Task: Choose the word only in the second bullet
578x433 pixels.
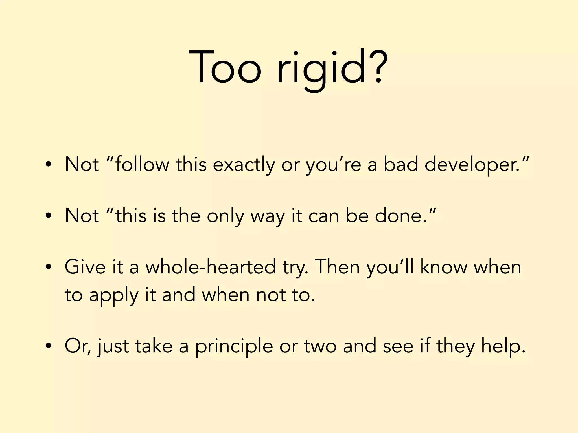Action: [225, 216]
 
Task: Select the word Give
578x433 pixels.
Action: [85, 267]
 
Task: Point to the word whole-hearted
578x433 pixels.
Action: [211, 267]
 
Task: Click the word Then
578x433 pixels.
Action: [337, 267]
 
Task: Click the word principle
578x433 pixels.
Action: [234, 346]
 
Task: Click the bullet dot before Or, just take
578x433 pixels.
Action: [49, 346]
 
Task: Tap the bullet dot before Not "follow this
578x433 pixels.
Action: [49, 165]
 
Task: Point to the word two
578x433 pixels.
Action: [320, 346]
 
